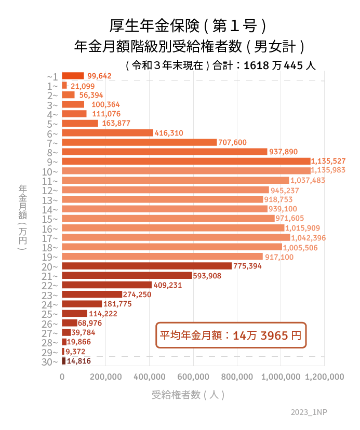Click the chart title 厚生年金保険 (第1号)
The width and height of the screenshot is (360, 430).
tap(188, 25)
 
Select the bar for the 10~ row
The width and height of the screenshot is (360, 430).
tap(186, 171)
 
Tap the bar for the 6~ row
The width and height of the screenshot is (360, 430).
tap(108, 133)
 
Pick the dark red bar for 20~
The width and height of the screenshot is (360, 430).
tap(147, 266)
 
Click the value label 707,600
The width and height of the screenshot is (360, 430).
tap(232, 142)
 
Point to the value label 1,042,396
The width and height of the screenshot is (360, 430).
tap(309, 238)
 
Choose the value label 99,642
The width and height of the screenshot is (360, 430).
tap(99, 76)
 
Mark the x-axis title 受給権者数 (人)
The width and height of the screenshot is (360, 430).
tap(188, 395)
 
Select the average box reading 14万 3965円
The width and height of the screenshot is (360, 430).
tap(231, 335)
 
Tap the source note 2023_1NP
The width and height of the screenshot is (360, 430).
tap(309, 412)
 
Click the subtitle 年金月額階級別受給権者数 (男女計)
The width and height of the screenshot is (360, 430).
tap(188, 47)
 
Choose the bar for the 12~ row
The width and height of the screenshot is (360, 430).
tap(165, 190)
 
